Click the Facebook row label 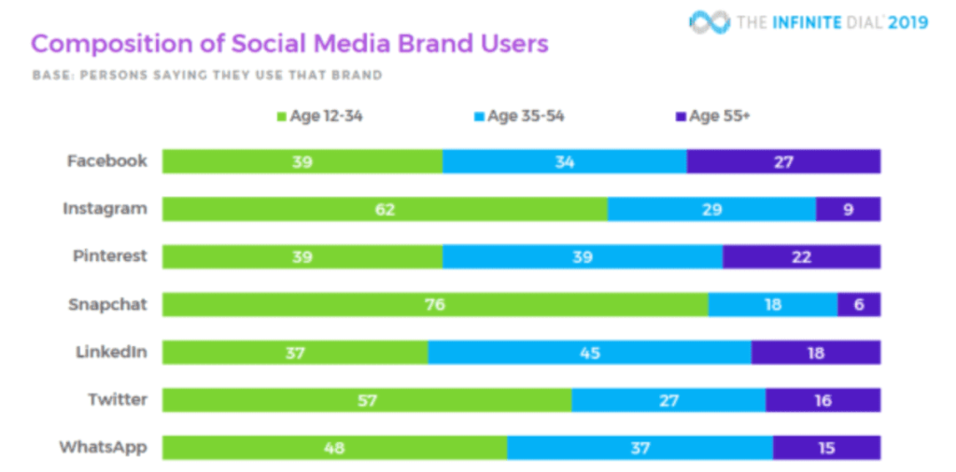click(x=106, y=160)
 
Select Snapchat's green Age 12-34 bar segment click(x=435, y=304)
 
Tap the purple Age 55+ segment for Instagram click(x=848, y=209)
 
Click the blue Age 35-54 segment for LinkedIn click(x=589, y=352)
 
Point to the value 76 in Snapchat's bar click(x=435, y=304)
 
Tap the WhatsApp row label click(x=103, y=447)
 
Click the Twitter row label click(x=118, y=399)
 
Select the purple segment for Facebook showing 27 click(x=783, y=161)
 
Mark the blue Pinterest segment click(x=583, y=257)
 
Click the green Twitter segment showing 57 click(x=367, y=400)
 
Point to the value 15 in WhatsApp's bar click(x=826, y=448)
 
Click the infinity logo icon click(x=709, y=21)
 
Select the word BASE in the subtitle click(x=50, y=75)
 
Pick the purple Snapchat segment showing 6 click(x=859, y=304)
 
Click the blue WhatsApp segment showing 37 click(x=640, y=448)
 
